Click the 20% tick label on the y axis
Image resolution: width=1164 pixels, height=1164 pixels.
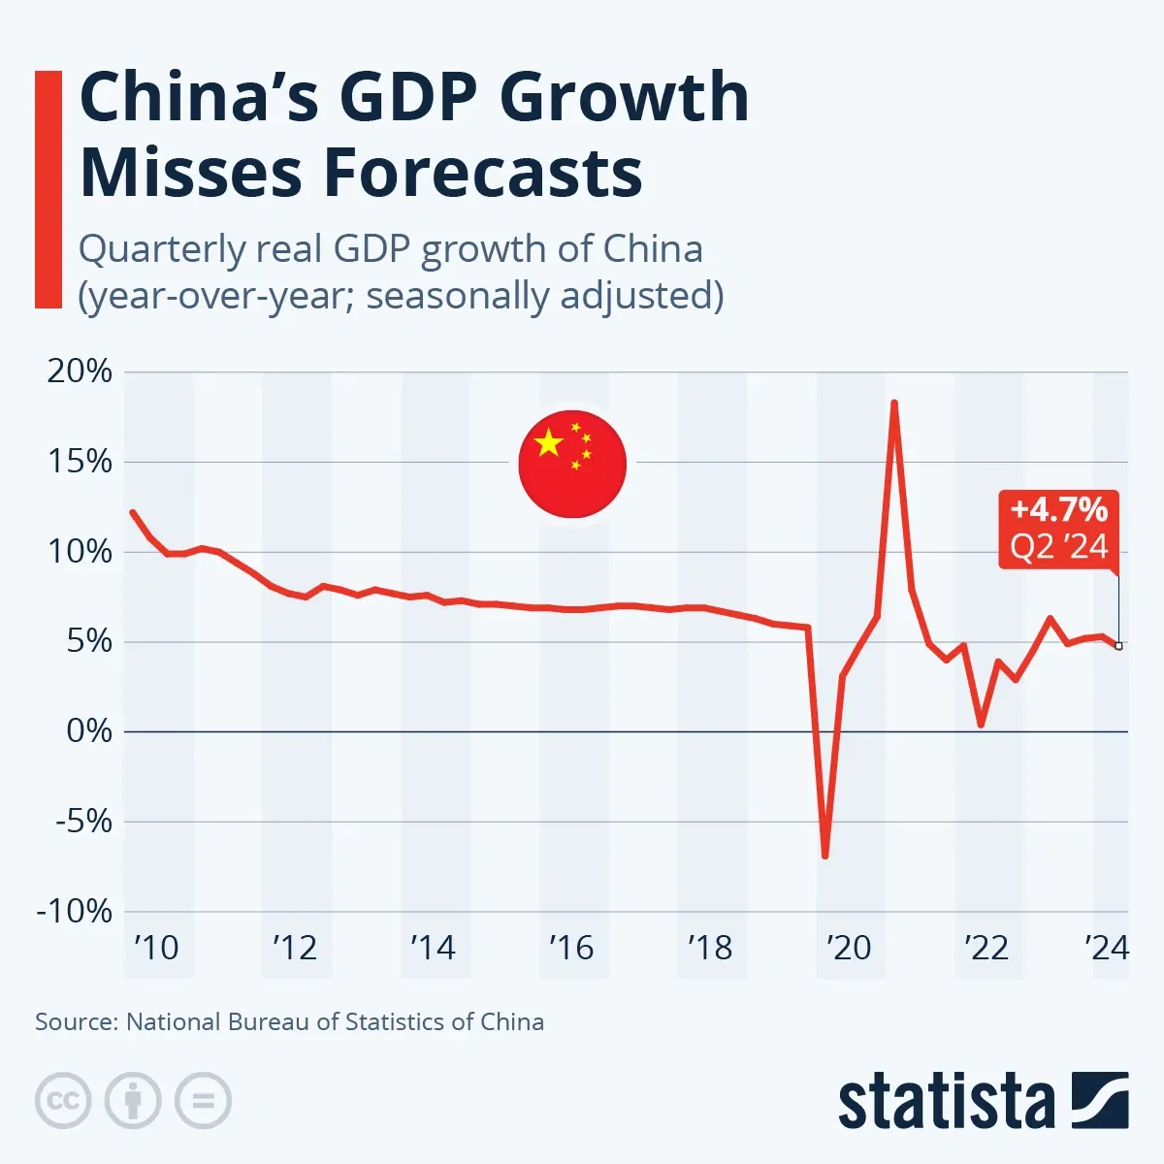80,372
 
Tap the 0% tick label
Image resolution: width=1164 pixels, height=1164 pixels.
89,731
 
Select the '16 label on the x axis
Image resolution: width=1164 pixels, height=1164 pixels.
570,948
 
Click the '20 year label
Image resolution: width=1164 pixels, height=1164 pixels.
849,948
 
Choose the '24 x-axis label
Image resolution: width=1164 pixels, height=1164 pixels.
1107,948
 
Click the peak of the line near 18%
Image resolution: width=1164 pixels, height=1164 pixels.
893,403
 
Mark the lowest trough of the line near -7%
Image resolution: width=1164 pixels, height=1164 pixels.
824,856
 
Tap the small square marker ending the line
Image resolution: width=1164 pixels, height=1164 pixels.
1118,646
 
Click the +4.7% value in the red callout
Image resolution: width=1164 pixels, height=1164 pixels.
1058,509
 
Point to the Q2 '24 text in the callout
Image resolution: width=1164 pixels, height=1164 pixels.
1058,547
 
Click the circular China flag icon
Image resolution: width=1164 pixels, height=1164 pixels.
572,464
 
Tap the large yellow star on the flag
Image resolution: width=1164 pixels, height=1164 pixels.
548,443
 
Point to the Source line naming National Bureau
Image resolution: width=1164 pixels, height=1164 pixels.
289,1021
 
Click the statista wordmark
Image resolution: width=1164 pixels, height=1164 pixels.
946,1103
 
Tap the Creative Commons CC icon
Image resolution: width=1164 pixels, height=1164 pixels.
63,1101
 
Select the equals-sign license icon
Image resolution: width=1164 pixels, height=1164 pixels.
203,1101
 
